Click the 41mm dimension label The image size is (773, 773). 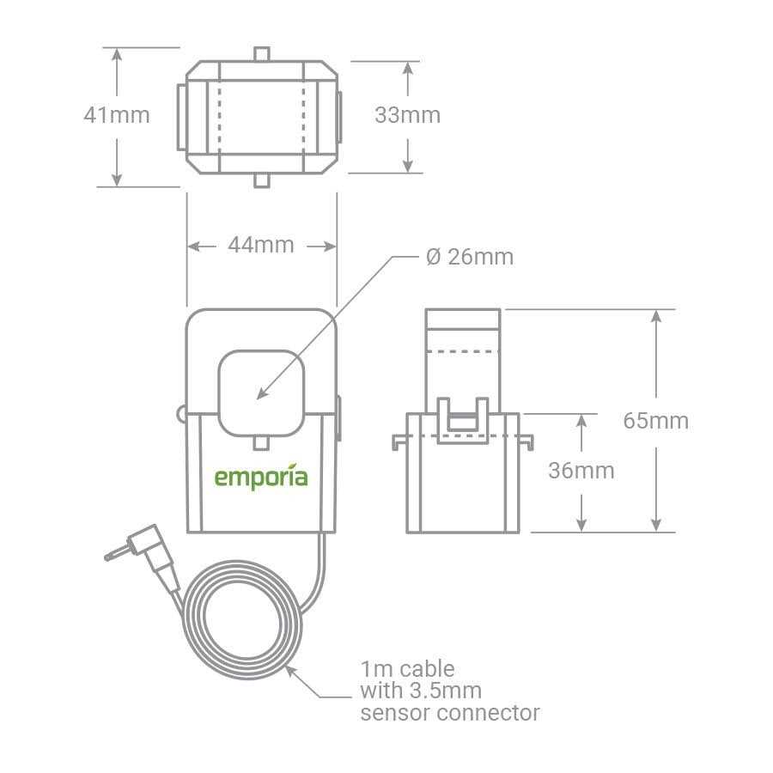(x=116, y=115)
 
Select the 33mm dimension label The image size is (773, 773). (x=407, y=115)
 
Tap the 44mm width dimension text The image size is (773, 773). (x=261, y=246)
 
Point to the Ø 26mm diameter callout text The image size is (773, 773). (x=469, y=257)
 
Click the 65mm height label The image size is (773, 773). (x=656, y=421)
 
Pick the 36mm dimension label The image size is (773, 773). (x=581, y=471)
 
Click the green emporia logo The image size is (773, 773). (x=261, y=478)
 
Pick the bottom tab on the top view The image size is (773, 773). (x=261, y=180)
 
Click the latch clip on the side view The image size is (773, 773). (x=463, y=419)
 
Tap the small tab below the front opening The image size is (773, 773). (x=261, y=443)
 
